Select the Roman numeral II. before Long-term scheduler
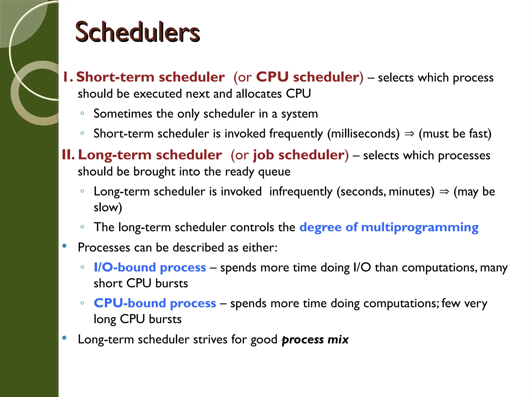tap(68, 155)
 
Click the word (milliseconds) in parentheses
tap(363, 134)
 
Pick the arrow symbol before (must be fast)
tap(409, 134)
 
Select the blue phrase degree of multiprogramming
tap(389, 227)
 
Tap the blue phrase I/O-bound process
tap(150, 267)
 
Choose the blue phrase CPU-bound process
tap(155, 303)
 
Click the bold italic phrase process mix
tap(315, 339)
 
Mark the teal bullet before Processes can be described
tap(64, 246)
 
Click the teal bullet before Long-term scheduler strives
tap(64, 338)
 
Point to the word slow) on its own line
tap(108, 207)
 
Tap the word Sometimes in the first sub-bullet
tap(123, 114)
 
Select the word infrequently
tap(301, 192)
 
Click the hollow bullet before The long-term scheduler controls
tap(82, 227)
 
